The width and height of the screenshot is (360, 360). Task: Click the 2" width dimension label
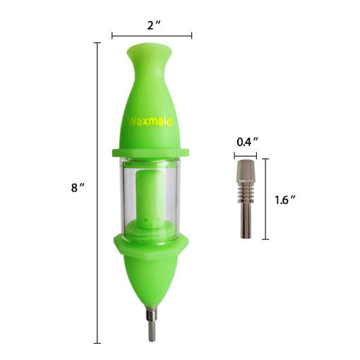pyautogui.click(x=152, y=25)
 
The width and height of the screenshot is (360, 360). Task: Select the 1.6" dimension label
pyautogui.click(x=284, y=200)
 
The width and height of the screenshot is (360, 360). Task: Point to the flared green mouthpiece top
pyautogui.click(x=152, y=55)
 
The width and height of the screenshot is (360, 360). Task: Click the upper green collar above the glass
pyautogui.click(x=152, y=151)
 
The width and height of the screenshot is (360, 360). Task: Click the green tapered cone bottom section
pyautogui.click(x=152, y=282)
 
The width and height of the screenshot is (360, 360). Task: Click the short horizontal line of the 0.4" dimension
pyautogui.click(x=246, y=152)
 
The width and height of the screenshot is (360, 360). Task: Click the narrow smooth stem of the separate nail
pyautogui.click(x=246, y=219)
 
